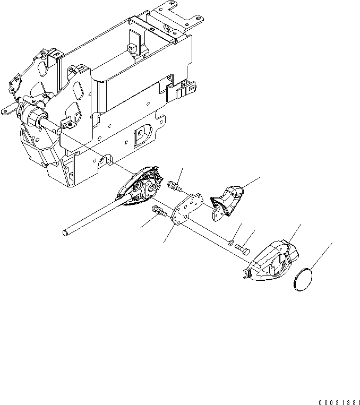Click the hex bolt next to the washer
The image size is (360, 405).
coord(243,248)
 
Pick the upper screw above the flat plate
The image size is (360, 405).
coord(174,186)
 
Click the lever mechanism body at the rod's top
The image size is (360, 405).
coord(142,185)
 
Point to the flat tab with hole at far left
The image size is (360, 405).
coord(8,110)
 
